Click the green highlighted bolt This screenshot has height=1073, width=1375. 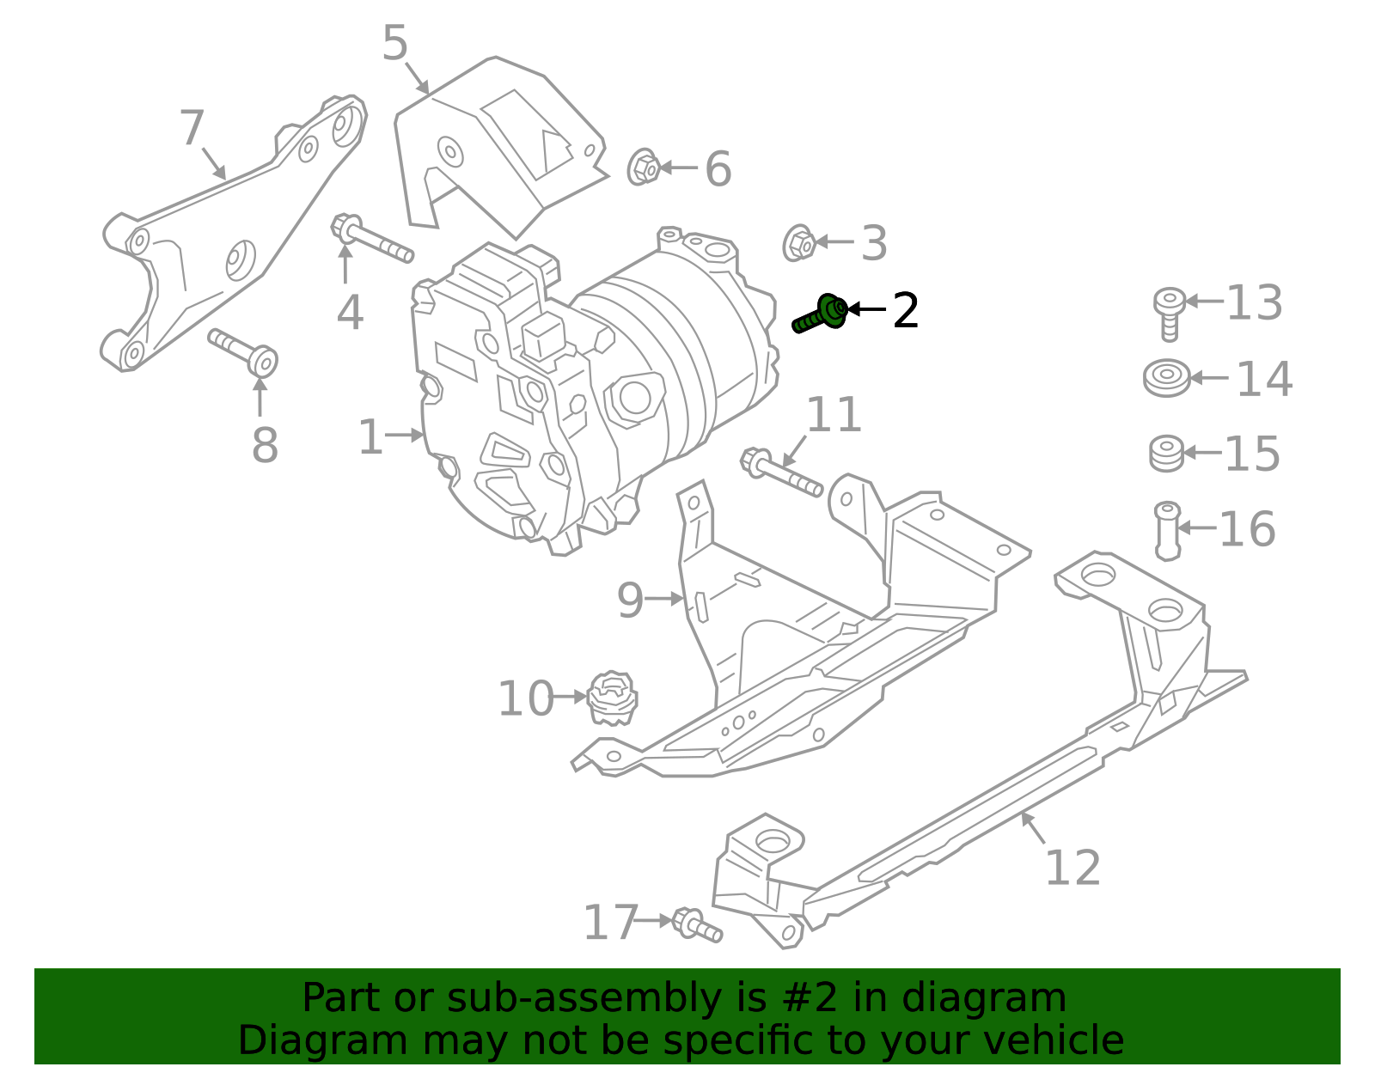coord(820,314)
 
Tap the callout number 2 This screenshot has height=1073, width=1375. coord(905,310)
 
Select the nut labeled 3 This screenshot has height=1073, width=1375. coord(799,243)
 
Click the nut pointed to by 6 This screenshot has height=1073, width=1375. coord(643,168)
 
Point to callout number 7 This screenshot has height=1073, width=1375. coord(192,129)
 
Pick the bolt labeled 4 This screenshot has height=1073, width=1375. coord(370,240)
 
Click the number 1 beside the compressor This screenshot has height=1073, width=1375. coord(370,438)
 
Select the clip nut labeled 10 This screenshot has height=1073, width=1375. coord(612,698)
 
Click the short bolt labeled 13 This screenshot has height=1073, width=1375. coord(1169,313)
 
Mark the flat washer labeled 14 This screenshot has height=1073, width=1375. coord(1166,378)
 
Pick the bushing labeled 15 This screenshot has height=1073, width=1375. coord(1166,454)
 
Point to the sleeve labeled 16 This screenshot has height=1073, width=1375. coord(1167,530)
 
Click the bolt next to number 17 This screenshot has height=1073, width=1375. coord(697,925)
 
